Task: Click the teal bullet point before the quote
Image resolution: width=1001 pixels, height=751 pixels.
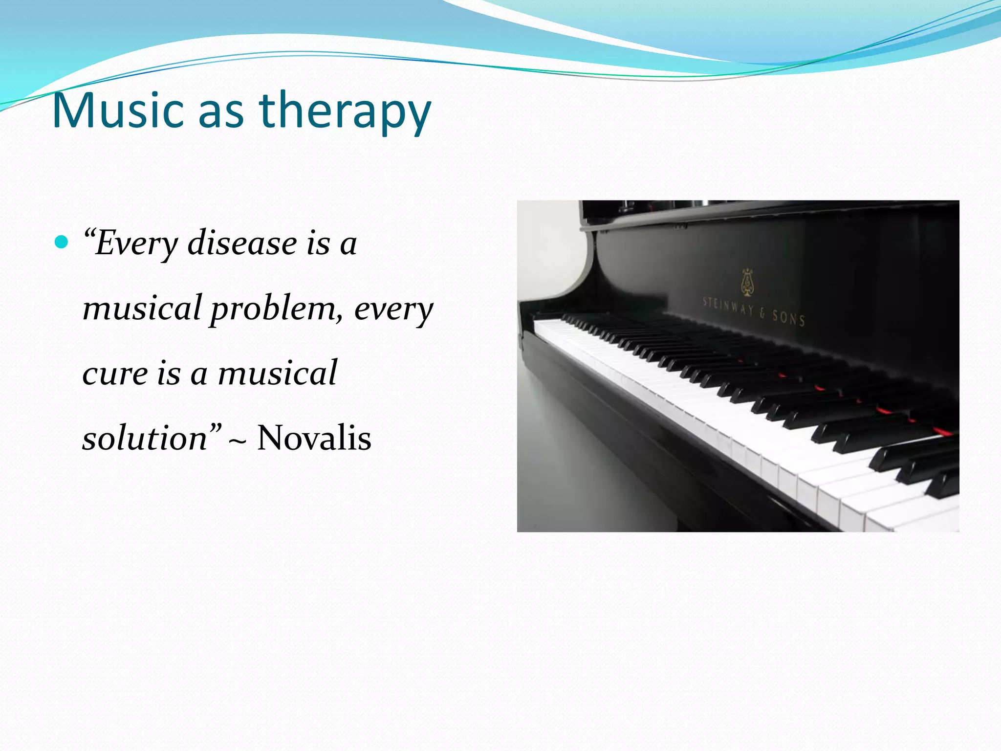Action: point(61,242)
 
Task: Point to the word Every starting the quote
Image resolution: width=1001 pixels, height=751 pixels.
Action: point(136,244)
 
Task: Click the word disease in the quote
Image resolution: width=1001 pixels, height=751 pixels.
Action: point(242,243)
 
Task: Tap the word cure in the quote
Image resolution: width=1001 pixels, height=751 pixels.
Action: point(114,374)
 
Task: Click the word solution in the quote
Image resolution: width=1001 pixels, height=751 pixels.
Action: point(145,438)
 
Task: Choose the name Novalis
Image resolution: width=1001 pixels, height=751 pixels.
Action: point(314,438)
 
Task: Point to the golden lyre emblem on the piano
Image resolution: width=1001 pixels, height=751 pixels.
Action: point(746,283)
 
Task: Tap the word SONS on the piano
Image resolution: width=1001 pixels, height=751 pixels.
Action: point(788,318)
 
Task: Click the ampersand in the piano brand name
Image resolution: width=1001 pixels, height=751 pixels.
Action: point(762,313)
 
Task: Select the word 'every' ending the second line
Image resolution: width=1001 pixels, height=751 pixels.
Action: point(393,309)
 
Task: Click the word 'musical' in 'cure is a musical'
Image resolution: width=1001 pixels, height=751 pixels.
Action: point(277,374)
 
